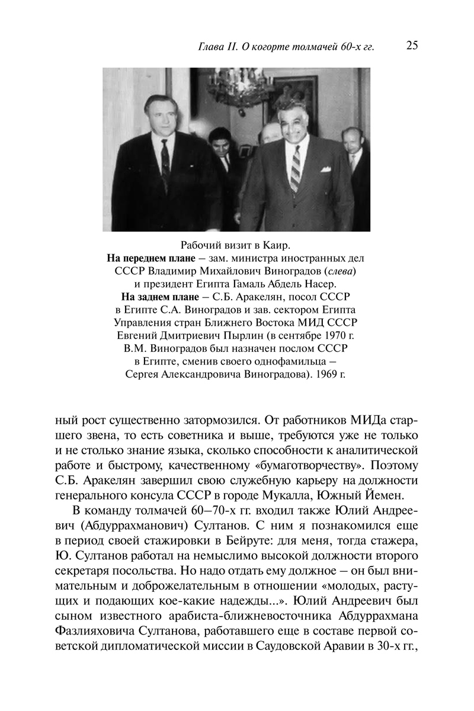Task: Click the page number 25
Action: pyautogui.click(x=412, y=46)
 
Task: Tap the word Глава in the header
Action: pyautogui.click(x=212, y=47)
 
